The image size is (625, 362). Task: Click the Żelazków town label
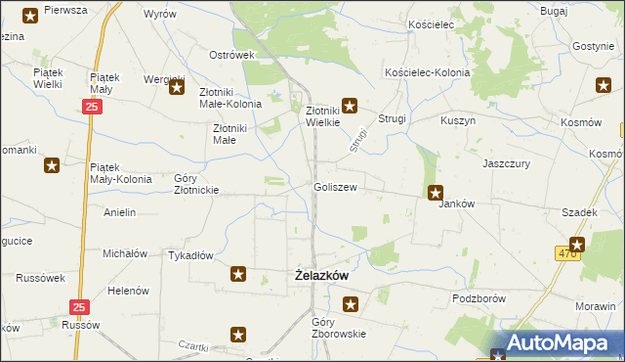pyautogui.click(x=321, y=276)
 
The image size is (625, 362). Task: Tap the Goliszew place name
pyautogui.click(x=334, y=187)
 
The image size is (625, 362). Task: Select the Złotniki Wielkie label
pyautogui.click(x=322, y=116)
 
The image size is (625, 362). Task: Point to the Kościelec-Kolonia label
pyautogui.click(x=428, y=73)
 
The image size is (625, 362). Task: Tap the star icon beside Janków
pyautogui.click(x=436, y=194)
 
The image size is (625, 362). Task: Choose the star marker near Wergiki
pyautogui.click(x=178, y=89)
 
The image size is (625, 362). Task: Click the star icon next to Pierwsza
pyautogui.click(x=30, y=15)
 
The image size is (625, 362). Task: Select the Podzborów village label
pyautogui.click(x=477, y=296)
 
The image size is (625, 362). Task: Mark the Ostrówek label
pyautogui.click(x=231, y=55)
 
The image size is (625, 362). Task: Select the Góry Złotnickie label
pyautogui.click(x=195, y=184)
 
